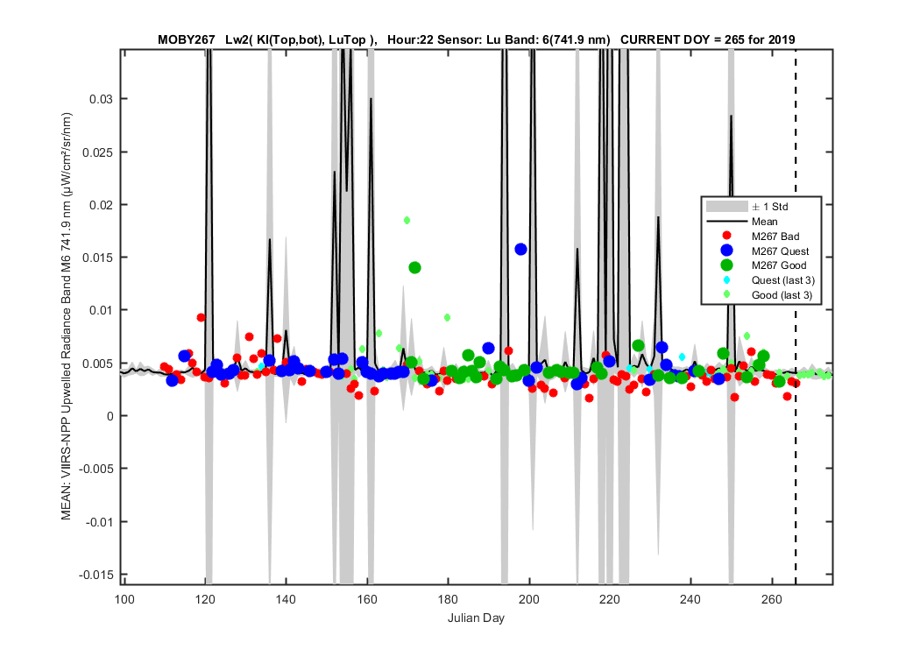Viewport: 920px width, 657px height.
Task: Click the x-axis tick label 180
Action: pos(448,599)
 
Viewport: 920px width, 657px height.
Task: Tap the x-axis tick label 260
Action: pos(772,599)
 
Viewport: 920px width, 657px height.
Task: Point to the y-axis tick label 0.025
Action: pos(97,152)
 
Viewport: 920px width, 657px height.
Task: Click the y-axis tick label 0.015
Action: pos(97,258)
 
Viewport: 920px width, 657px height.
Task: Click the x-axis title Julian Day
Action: pos(476,618)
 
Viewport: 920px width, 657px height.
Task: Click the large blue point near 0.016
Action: pos(520,250)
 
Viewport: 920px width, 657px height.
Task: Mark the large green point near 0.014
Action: pos(414,267)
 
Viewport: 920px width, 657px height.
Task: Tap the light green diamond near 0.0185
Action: pos(407,221)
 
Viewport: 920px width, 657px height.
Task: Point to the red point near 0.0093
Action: pos(201,317)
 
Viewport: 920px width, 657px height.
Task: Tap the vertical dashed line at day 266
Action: pos(796,317)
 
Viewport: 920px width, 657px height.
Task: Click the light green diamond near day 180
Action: pos(447,317)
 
